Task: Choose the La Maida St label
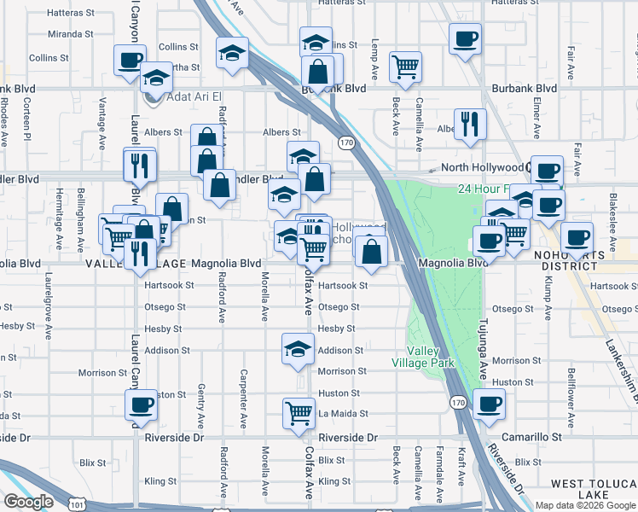coord(343,414)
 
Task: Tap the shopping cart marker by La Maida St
coord(299,413)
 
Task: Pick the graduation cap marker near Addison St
coord(298,349)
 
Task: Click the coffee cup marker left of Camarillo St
coord(489,404)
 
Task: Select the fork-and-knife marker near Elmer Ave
coord(469,124)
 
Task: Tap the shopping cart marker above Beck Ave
coord(406,67)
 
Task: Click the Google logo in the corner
coord(28,501)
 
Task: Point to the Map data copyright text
coord(585,505)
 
